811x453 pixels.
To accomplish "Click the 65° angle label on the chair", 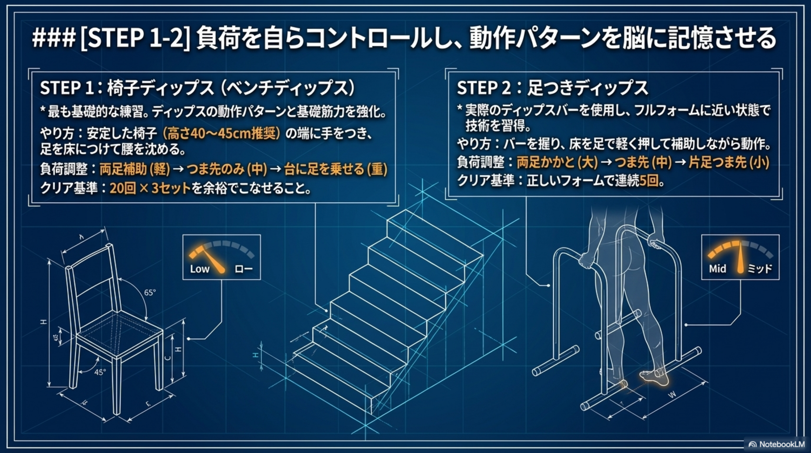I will pyautogui.click(x=150, y=293).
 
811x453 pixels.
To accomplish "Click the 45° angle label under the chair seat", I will pyautogui.click(x=100, y=372).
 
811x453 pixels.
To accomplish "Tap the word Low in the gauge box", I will pyautogui.click(x=200, y=269).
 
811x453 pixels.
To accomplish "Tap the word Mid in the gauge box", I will pyautogui.click(x=718, y=269).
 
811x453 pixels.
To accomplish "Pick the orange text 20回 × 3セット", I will pyautogui.click(x=150, y=188).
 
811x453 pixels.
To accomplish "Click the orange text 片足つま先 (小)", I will pyautogui.click(x=729, y=163).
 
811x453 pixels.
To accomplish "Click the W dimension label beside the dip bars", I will pyautogui.click(x=672, y=395).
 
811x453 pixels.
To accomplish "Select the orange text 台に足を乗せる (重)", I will pyautogui.click(x=335, y=169).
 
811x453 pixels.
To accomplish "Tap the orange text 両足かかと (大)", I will pyautogui.click(x=557, y=163).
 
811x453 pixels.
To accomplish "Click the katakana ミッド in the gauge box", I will pyautogui.click(x=760, y=269).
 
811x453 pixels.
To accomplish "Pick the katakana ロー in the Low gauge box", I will pyautogui.click(x=243, y=269).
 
